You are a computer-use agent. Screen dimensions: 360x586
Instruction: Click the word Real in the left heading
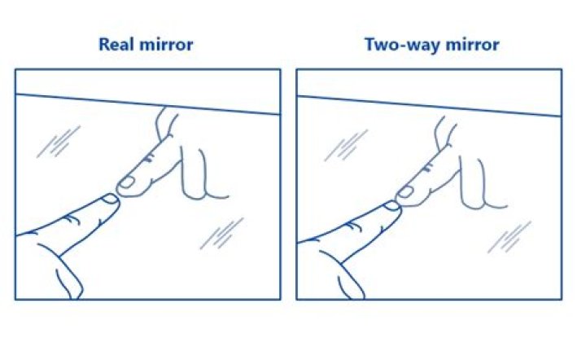(x=116, y=44)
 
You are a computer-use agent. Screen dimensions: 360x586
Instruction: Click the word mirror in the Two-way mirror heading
(x=473, y=44)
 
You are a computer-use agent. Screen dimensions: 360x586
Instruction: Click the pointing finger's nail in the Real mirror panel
(x=109, y=198)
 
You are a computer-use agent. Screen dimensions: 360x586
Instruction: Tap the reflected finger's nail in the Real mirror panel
(x=129, y=183)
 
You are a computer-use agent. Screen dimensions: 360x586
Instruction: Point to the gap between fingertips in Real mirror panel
(x=119, y=192)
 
